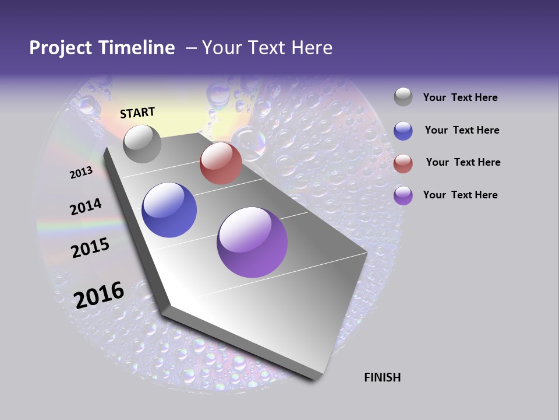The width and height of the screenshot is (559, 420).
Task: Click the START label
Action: click(x=137, y=113)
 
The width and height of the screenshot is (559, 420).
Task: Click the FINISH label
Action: click(x=382, y=377)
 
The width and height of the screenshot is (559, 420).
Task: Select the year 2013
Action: click(x=81, y=173)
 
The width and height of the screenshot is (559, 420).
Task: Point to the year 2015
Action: click(x=90, y=248)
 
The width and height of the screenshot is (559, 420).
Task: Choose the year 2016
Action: click(x=99, y=295)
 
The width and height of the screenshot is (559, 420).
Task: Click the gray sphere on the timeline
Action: click(x=142, y=143)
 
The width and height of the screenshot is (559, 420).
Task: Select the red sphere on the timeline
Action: click(x=221, y=163)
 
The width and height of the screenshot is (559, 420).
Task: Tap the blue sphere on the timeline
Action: click(x=169, y=210)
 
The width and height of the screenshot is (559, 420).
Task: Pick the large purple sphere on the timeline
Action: click(x=252, y=242)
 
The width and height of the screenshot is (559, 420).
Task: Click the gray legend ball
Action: click(x=403, y=97)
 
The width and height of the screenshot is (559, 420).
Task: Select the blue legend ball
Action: click(x=403, y=130)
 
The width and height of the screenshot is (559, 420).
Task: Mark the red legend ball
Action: click(x=403, y=163)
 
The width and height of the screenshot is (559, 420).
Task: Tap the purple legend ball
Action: click(x=403, y=195)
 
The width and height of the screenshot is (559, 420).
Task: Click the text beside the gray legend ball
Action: click(x=460, y=98)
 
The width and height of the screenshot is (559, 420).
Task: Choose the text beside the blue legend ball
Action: click(x=462, y=130)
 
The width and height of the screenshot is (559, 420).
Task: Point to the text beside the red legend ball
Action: click(x=463, y=162)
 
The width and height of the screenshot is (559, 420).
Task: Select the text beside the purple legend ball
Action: click(x=460, y=195)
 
